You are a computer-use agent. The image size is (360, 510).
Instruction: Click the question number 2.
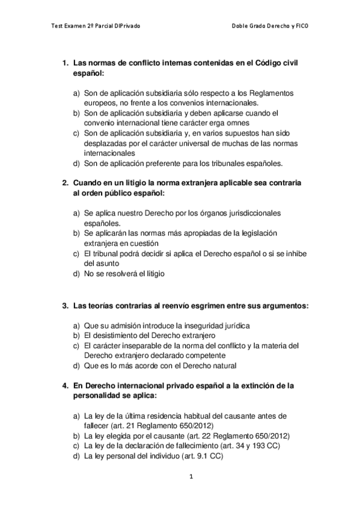pyautogui.click(x=65, y=182)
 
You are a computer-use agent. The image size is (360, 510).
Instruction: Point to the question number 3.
pyautogui.click(x=65, y=306)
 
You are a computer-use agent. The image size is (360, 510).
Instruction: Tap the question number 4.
pyautogui.click(x=65, y=385)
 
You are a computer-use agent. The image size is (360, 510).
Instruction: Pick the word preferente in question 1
pyautogui.click(x=160, y=163)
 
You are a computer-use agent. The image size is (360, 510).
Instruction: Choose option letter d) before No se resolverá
pyautogui.click(x=76, y=274)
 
